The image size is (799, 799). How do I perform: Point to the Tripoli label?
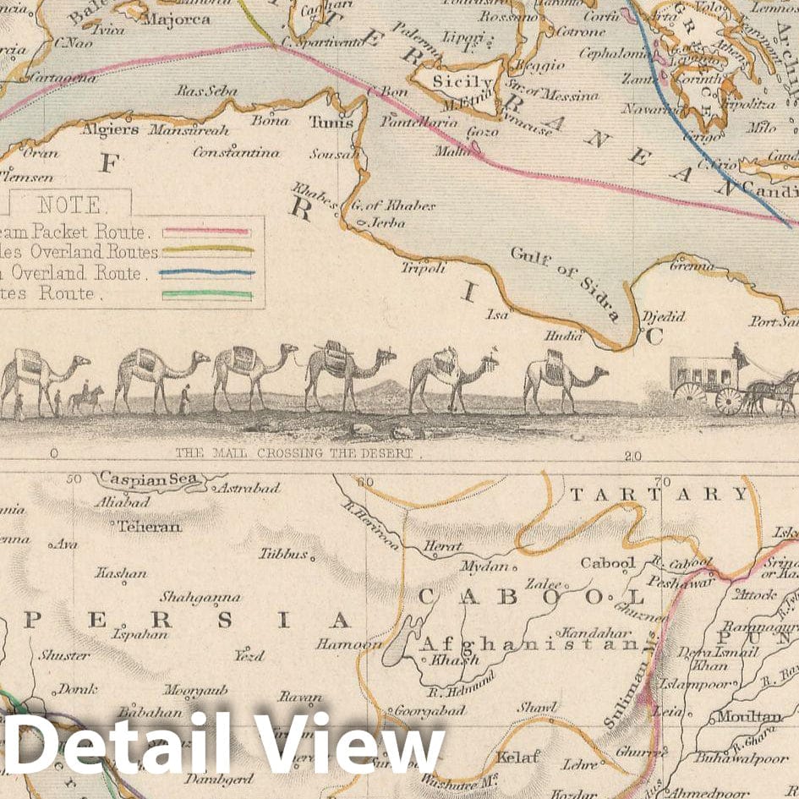(x=423, y=268)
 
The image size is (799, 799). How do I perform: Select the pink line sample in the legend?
(x=207, y=230)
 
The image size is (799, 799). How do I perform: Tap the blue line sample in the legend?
(x=207, y=273)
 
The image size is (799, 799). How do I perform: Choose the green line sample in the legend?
(x=207, y=294)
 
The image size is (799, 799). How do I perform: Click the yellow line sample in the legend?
(x=207, y=250)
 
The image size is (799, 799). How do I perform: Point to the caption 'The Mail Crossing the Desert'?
(x=294, y=453)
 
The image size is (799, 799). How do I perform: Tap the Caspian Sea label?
(x=149, y=479)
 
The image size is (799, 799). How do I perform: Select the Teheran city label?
(x=149, y=526)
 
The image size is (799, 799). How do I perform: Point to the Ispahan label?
(x=135, y=633)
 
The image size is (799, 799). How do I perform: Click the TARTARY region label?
(x=659, y=494)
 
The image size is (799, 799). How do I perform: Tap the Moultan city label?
(x=749, y=717)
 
